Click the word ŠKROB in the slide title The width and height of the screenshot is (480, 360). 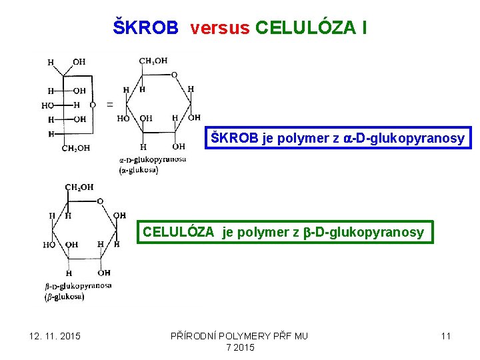146,28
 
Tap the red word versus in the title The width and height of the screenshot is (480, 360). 219,28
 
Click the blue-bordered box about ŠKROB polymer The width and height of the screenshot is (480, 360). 338,138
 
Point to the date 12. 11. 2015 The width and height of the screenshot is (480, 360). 55,336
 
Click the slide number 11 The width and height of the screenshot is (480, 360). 446,336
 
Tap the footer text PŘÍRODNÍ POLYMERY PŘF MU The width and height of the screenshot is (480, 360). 239,336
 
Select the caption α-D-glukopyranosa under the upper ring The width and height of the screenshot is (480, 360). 153,159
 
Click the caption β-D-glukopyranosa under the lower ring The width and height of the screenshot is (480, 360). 78,285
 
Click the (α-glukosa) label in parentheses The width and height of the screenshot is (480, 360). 139,170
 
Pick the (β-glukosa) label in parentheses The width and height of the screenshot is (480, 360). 65,297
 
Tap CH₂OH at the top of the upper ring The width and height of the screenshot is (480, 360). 153,61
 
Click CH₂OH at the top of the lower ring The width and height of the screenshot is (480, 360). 79,187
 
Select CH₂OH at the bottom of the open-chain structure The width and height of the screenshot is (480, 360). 76,148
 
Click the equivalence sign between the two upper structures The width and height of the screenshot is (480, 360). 109,105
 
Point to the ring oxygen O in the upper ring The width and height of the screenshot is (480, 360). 174,75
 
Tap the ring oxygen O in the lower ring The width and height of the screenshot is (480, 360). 100,201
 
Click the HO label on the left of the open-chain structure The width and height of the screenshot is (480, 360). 47,105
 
